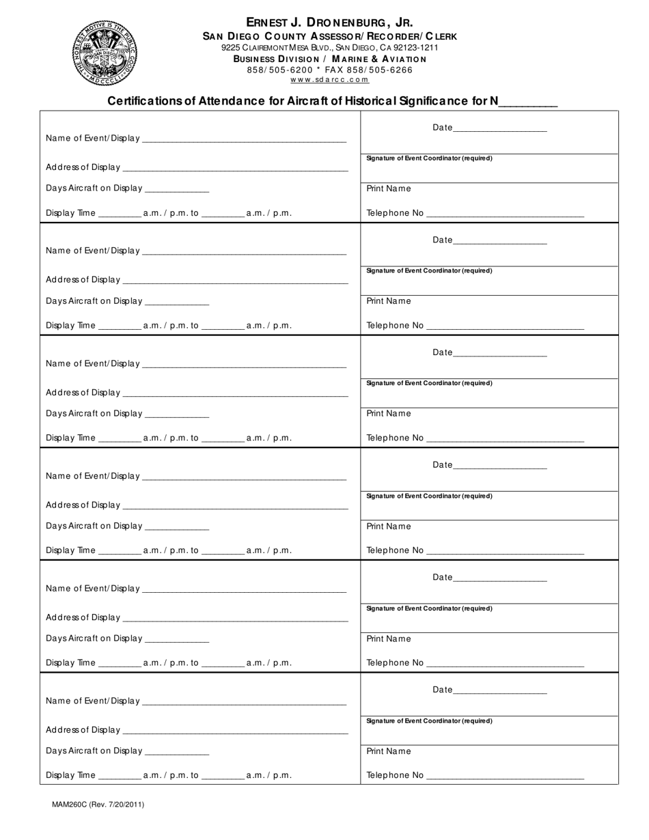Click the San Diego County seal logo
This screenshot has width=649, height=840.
[104, 53]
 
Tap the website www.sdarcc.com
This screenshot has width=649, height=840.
[329, 79]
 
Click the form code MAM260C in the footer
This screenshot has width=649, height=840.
[70, 804]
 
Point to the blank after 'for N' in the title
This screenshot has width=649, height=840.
[528, 102]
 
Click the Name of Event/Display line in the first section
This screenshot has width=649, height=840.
[244, 139]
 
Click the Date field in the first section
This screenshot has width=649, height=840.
[499, 128]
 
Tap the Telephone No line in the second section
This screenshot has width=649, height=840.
[505, 326]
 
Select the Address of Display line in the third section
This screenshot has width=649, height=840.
[235, 393]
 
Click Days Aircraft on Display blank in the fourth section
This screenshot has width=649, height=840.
[177, 527]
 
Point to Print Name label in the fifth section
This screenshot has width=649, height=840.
[389, 639]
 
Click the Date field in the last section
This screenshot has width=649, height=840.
[499, 690]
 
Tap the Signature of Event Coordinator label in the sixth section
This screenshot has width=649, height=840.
[429, 721]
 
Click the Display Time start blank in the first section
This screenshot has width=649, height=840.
[120, 214]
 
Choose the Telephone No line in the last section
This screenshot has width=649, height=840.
[505, 776]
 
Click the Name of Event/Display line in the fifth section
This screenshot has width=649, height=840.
[244, 589]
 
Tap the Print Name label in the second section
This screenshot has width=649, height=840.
[389, 301]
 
